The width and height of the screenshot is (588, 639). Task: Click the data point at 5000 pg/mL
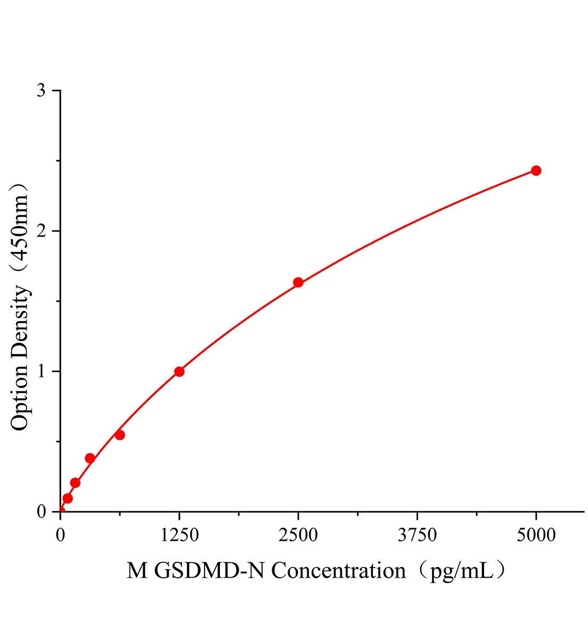(536, 170)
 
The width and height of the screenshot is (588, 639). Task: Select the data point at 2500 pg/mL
(298, 282)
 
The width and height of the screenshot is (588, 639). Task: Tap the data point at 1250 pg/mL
(179, 371)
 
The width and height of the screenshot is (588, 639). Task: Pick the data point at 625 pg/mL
(120, 435)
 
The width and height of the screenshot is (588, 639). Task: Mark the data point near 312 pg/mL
(90, 458)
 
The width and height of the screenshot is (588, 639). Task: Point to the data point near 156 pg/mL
(75, 482)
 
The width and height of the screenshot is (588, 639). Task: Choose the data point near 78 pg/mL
(68, 498)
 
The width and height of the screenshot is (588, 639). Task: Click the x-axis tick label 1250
(179, 535)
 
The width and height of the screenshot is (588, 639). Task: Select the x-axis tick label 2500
(298, 535)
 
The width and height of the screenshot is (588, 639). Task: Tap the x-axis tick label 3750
(417, 535)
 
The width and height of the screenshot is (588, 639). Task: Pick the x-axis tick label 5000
(536, 535)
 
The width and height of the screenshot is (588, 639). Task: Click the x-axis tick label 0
(60, 535)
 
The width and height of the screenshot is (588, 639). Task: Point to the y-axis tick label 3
(41, 91)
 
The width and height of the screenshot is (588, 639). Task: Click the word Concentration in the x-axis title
(339, 571)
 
